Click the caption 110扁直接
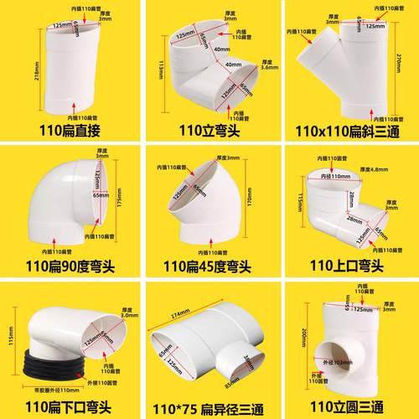click(x=69, y=130)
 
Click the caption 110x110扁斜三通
click(x=347, y=130)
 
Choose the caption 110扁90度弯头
click(x=69, y=267)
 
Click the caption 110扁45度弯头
click(x=208, y=267)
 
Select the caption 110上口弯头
click(x=347, y=267)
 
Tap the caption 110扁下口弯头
click(x=69, y=406)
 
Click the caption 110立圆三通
click(x=347, y=406)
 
